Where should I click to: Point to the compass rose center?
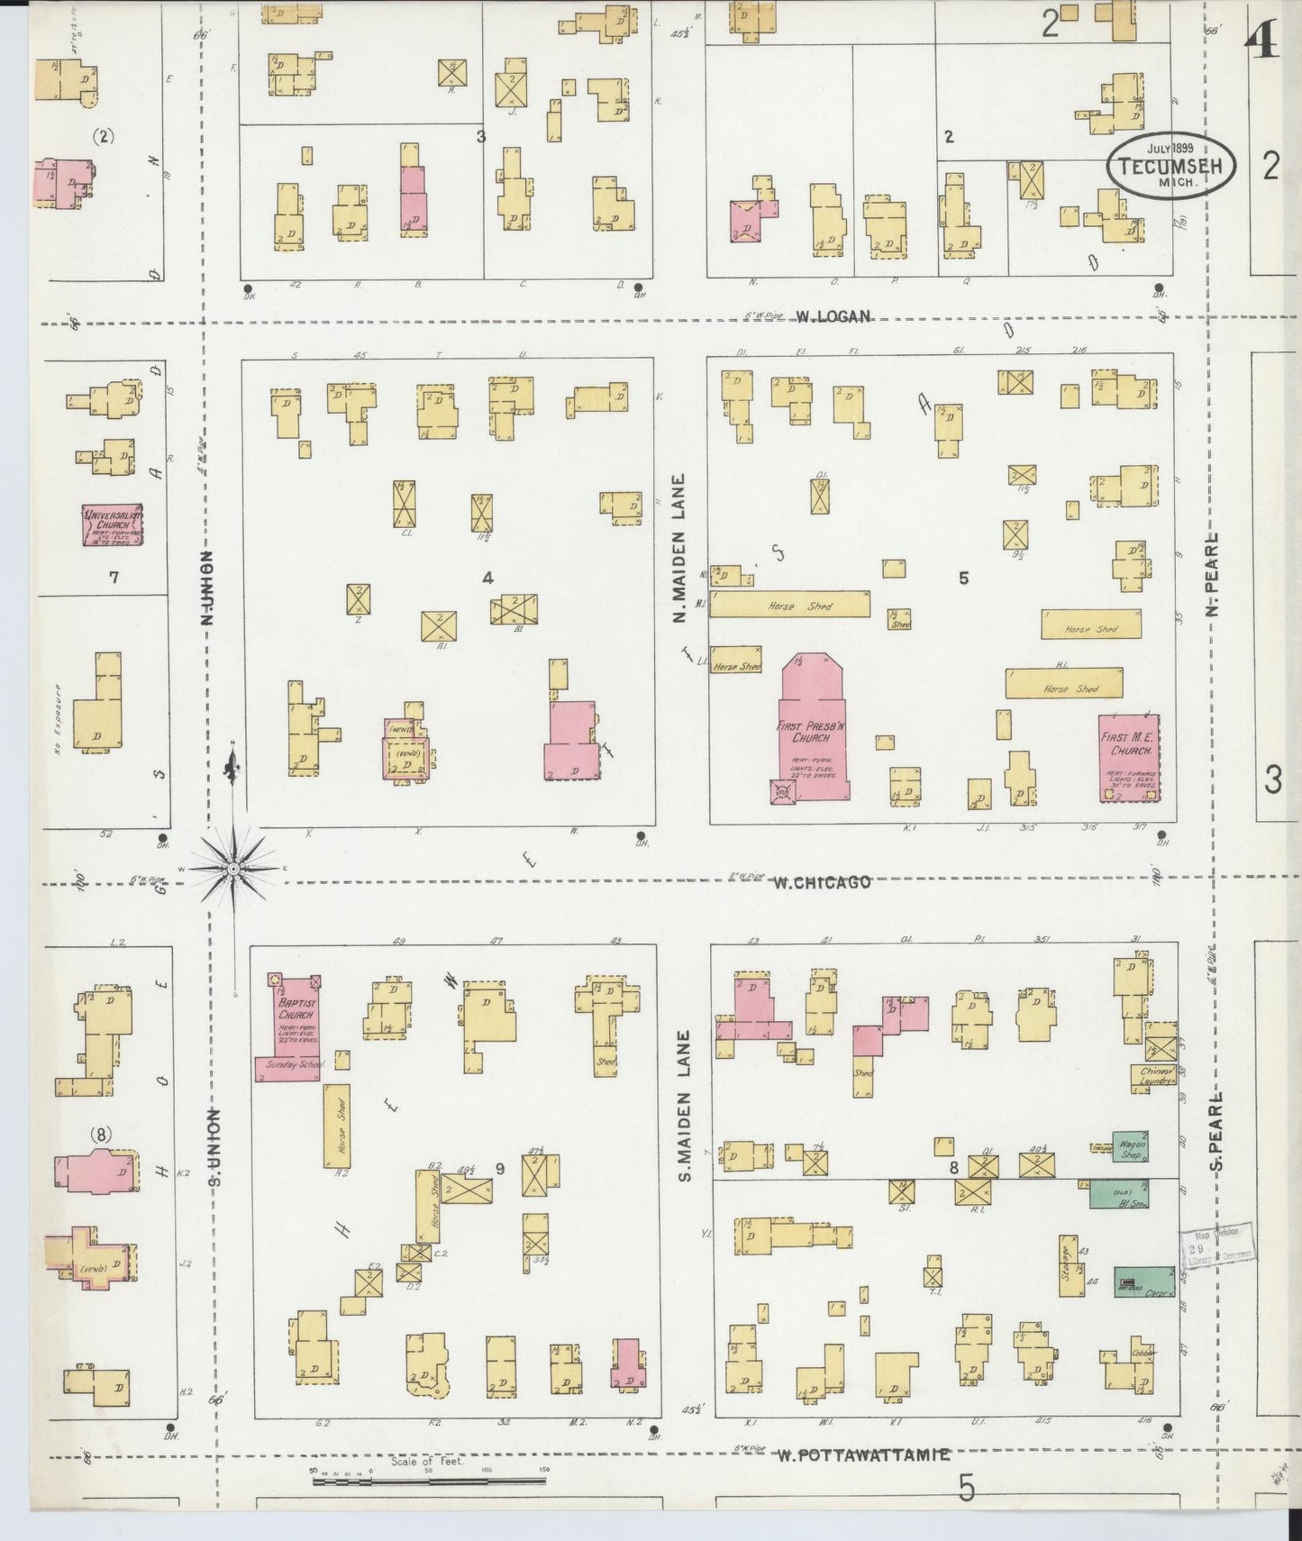(232, 868)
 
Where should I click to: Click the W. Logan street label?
(833, 316)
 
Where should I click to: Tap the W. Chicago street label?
(822, 882)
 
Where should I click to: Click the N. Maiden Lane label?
(681, 547)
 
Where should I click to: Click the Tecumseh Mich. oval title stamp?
(1170, 165)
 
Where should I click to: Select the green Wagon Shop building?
(1130, 1146)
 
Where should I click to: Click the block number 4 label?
(487, 578)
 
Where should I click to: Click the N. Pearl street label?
(1213, 575)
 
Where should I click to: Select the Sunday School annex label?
(289, 1065)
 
